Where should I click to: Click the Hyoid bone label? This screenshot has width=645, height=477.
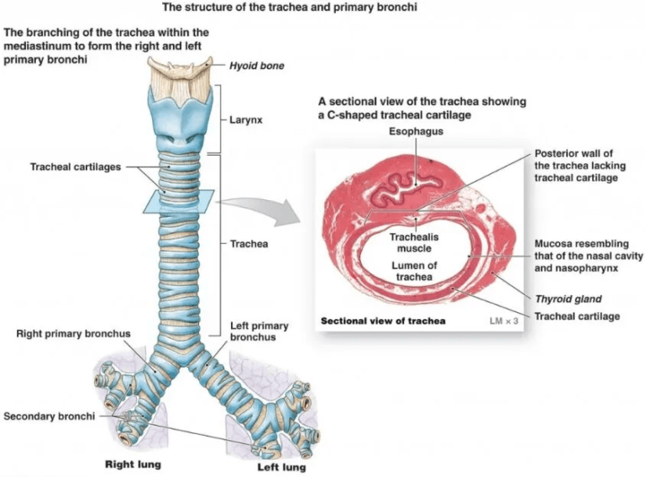point(256,66)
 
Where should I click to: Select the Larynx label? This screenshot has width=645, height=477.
point(246,120)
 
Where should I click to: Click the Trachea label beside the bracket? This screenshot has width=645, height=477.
point(249,244)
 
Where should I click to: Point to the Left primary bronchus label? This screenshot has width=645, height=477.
point(260,331)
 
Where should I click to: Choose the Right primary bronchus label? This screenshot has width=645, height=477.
point(74,334)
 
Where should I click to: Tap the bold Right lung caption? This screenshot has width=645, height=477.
point(132,464)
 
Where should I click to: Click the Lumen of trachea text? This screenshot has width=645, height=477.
point(412,272)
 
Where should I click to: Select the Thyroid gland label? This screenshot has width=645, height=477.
point(569,299)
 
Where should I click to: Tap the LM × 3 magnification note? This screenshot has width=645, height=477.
point(505,321)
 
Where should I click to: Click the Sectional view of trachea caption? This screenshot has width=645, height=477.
point(383,321)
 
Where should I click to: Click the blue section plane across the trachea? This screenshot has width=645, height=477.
point(178,202)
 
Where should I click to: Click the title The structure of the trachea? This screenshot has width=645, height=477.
point(323,8)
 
